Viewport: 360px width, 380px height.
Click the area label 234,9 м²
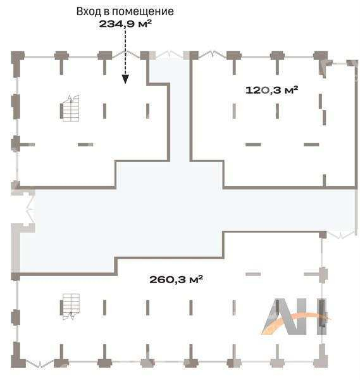point(125,24)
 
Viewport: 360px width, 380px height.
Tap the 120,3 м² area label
point(271,90)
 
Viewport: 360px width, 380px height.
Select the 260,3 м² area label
point(176,279)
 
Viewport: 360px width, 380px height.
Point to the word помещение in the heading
point(143,11)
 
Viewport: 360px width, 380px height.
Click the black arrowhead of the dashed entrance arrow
point(125,79)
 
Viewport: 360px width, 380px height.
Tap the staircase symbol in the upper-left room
point(70,108)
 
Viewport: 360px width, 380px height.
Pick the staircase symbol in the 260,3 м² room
point(70,307)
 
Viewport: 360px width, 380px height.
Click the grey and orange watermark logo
point(295,317)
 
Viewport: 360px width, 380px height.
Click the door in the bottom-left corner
point(40,364)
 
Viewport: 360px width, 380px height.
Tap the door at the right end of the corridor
point(341,234)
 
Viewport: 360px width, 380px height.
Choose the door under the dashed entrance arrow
point(126,54)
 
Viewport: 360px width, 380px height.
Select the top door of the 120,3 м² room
point(213,54)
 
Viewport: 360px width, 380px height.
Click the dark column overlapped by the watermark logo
point(322,313)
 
